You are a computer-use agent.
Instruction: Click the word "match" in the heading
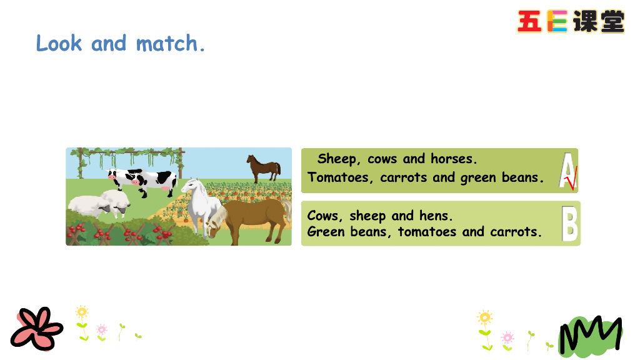166,44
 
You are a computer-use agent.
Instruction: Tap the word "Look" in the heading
59,43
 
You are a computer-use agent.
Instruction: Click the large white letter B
570,223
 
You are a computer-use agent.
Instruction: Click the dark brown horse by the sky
264,167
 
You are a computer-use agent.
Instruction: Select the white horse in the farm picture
201,204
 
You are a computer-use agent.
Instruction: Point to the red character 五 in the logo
529,21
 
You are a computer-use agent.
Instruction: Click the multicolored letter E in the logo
557,21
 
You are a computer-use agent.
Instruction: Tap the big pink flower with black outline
36,329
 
